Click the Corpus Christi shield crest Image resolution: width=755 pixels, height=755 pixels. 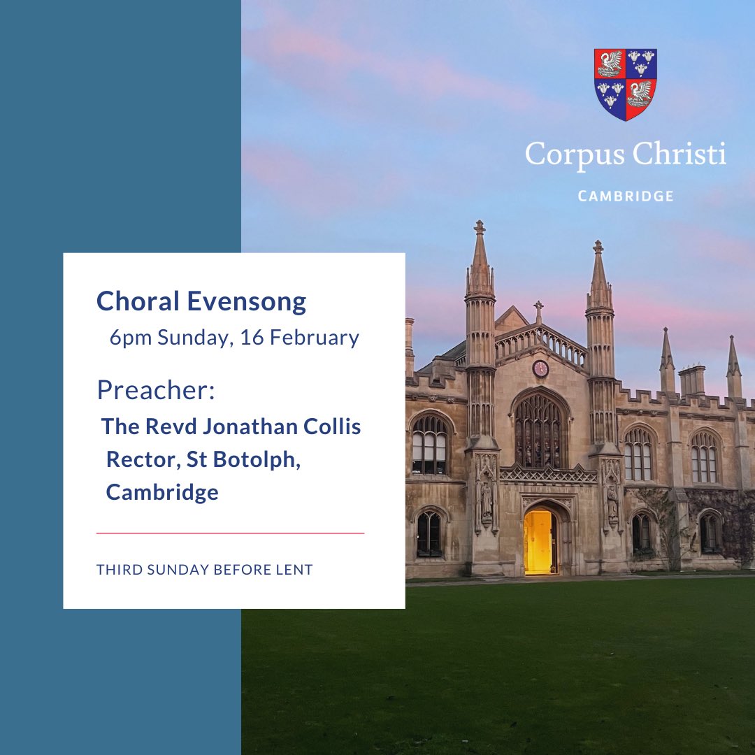(x=625, y=84)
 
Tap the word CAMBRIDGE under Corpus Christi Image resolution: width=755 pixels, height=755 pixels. (x=626, y=196)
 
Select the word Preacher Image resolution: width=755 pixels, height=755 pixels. (x=155, y=389)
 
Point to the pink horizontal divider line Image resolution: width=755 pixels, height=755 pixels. (x=230, y=533)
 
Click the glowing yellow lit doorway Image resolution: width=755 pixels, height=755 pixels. (x=538, y=541)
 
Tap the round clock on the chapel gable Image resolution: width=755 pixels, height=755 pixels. (x=540, y=368)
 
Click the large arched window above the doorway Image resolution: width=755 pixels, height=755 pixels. (x=539, y=429)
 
